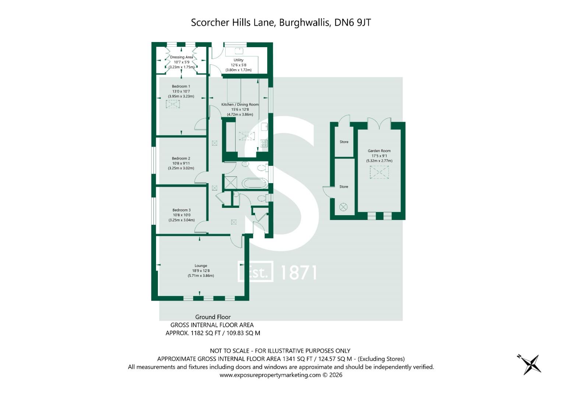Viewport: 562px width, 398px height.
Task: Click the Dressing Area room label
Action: pyautogui.click(x=181, y=57)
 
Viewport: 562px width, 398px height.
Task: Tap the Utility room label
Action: pyautogui.click(x=238, y=60)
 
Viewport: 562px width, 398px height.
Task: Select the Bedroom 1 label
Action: pyautogui.click(x=181, y=86)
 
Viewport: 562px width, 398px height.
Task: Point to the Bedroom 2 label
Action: pyautogui.click(x=181, y=158)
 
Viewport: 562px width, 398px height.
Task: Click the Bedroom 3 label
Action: pyautogui.click(x=181, y=210)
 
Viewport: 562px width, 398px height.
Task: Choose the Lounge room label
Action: pyautogui.click(x=201, y=266)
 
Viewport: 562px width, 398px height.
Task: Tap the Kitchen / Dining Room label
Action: pyautogui.click(x=240, y=105)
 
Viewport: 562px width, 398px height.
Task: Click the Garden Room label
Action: pyautogui.click(x=379, y=151)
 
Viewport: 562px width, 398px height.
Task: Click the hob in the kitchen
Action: pyautogui.click(x=264, y=143)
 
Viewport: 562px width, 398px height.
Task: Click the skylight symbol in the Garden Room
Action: pyautogui.click(x=379, y=172)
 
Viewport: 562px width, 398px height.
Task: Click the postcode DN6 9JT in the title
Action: pyautogui.click(x=352, y=22)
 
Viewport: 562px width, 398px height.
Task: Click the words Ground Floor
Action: pyautogui.click(x=213, y=317)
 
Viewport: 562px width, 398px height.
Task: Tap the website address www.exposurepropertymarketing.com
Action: pyautogui.click(x=270, y=375)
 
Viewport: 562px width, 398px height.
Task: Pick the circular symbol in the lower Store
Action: pyautogui.click(x=343, y=207)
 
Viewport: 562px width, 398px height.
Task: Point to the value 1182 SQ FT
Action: pyautogui.click(x=202, y=333)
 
